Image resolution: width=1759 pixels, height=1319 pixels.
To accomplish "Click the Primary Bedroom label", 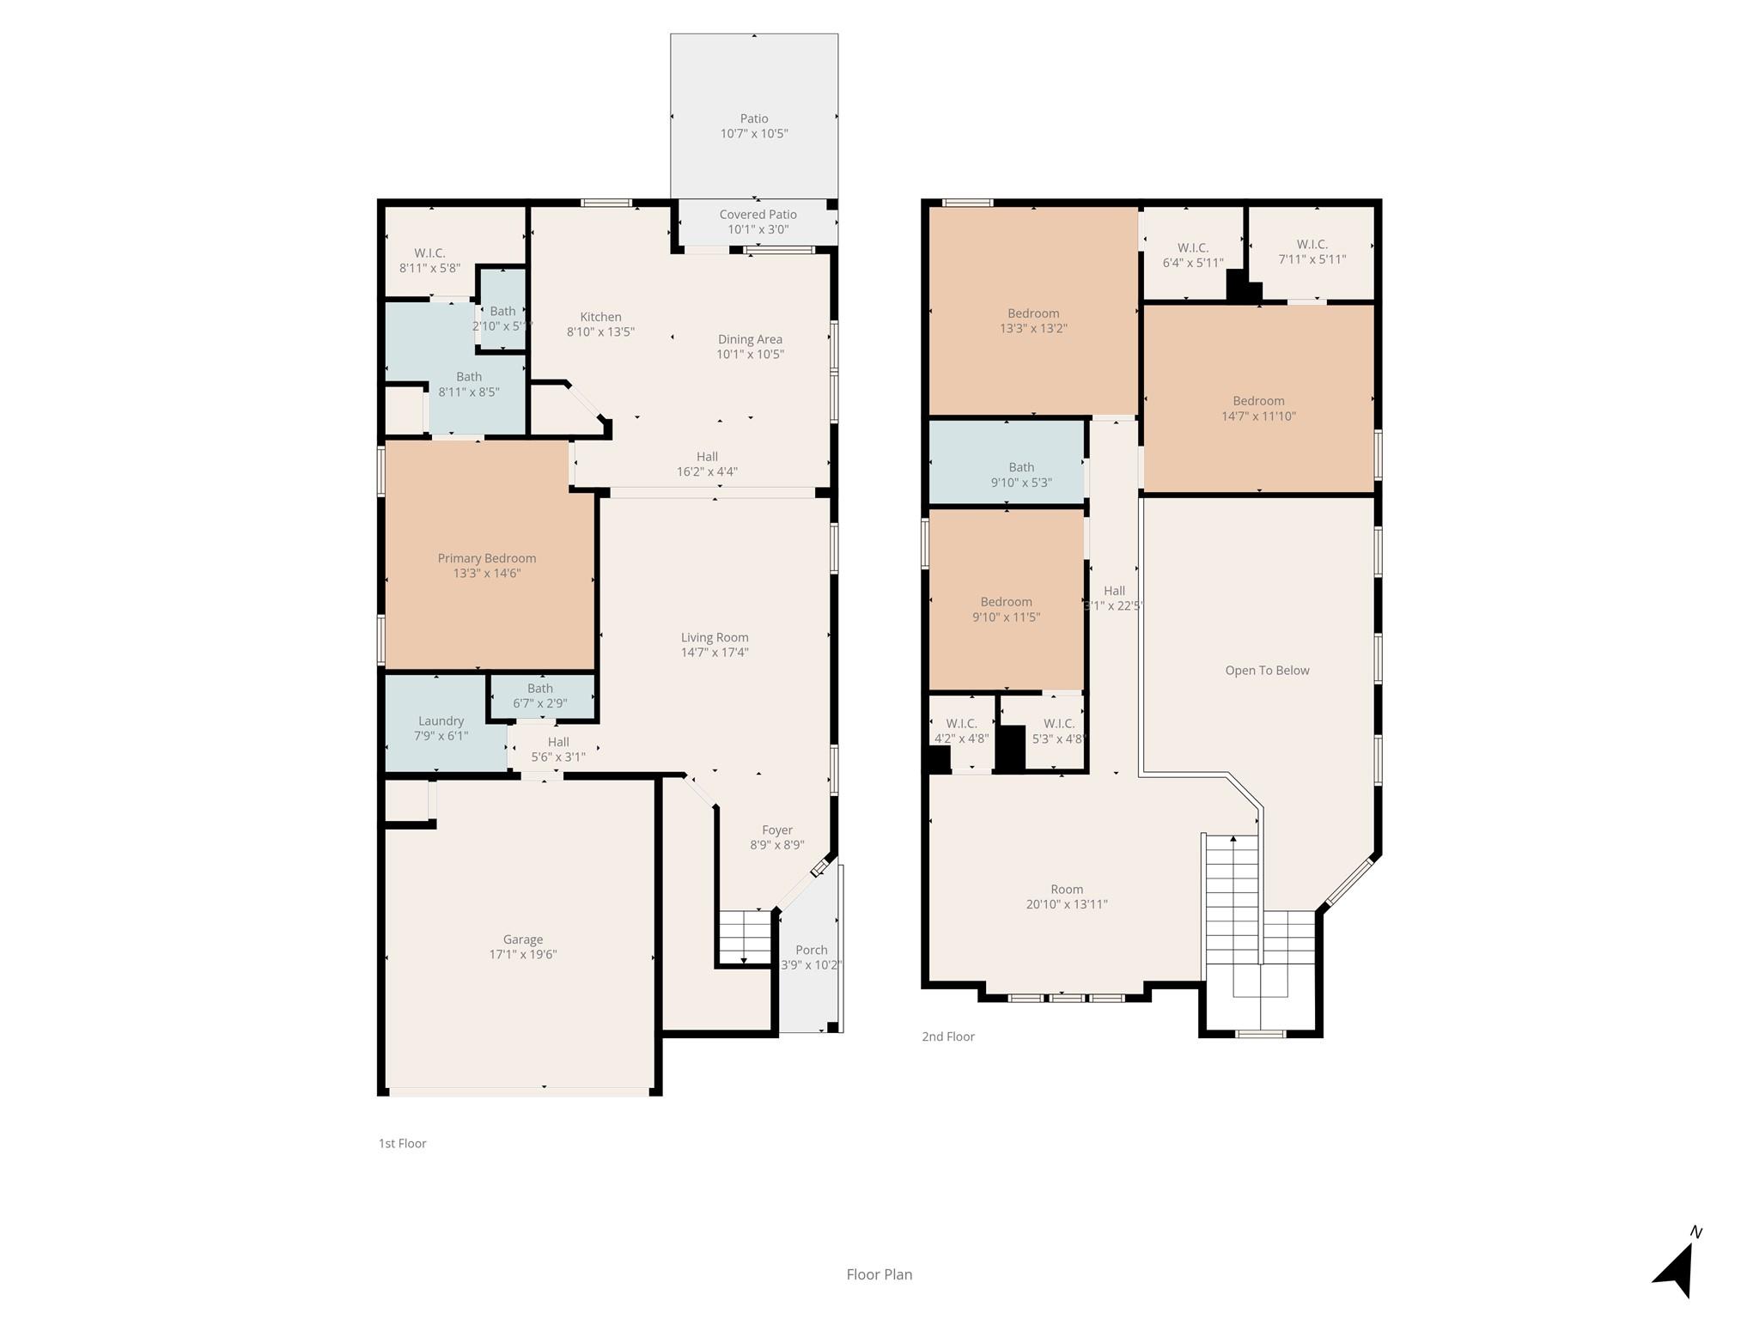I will (x=486, y=558).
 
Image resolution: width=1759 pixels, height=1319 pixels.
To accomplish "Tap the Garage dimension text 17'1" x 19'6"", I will (x=522, y=954).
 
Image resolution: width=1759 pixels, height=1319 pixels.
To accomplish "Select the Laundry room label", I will (x=441, y=721).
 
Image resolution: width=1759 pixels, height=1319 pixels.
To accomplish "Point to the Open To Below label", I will (x=1267, y=671).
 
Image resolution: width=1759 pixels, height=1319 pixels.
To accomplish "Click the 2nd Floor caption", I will (x=947, y=1036).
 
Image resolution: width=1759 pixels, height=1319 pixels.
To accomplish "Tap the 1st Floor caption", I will (x=402, y=1143).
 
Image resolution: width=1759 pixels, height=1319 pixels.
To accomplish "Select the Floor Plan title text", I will (x=879, y=1274).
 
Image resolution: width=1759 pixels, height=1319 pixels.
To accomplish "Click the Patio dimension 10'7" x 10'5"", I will (x=753, y=134).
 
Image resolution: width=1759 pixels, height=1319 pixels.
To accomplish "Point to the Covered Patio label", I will (x=758, y=215).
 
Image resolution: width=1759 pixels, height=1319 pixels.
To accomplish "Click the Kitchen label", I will (x=600, y=317).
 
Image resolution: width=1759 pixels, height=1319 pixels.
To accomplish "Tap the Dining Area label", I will (x=750, y=339).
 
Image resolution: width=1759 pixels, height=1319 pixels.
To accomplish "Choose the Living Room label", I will (x=715, y=637).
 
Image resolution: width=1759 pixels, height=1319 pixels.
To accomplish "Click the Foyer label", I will (x=776, y=830).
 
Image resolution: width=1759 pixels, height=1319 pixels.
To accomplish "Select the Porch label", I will (x=811, y=950).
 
